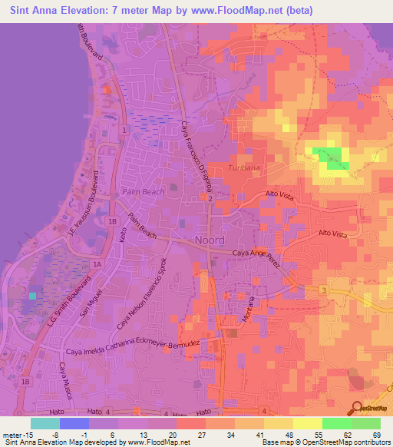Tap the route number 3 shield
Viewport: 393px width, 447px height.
click(x=324, y=290)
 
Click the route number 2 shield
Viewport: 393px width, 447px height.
click(x=210, y=198)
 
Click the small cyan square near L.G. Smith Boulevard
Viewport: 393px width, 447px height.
click(x=32, y=295)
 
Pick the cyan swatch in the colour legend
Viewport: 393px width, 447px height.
click(x=45, y=423)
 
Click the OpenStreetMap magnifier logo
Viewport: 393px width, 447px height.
click(x=356, y=408)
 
